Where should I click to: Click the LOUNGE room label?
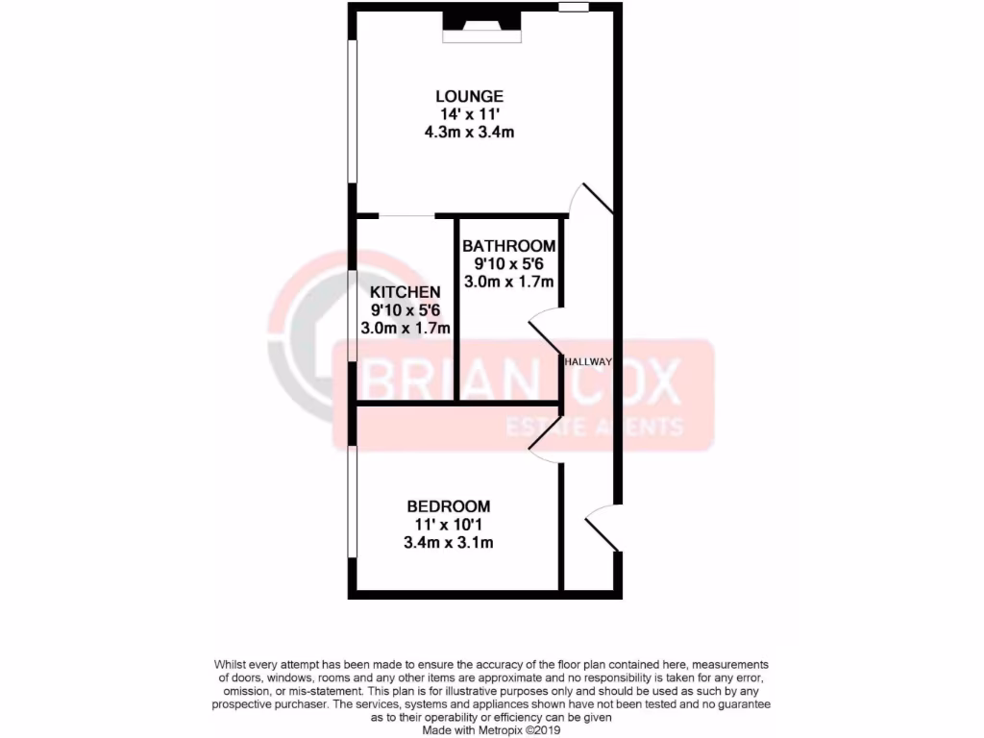(469, 96)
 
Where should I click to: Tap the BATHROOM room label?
(508, 246)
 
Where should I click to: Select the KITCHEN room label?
(406, 292)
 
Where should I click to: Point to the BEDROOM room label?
(449, 506)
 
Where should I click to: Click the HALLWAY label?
(589, 361)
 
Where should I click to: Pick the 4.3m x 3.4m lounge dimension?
(469, 133)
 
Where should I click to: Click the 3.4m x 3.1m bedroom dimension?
(449, 543)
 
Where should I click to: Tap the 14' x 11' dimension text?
(469, 114)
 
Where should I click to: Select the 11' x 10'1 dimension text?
(449, 525)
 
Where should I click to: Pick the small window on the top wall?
(574, 8)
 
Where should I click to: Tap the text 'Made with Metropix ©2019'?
(491, 729)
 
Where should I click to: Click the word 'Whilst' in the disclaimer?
(231, 665)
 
